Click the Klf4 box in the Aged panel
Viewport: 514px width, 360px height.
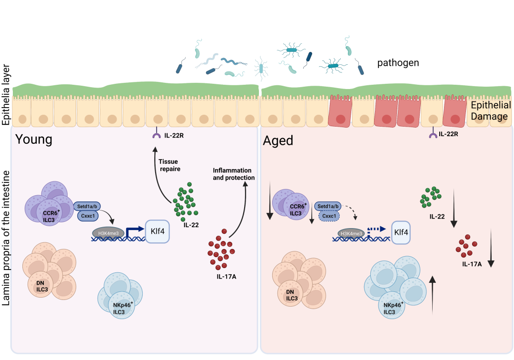tap(401, 233)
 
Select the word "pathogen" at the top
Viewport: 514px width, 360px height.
tap(398, 62)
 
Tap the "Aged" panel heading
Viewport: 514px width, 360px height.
tap(278, 140)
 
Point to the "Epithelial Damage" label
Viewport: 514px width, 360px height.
tap(490, 110)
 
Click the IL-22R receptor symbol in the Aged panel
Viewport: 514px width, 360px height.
tap(433, 136)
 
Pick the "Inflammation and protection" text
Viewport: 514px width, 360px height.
tap(234, 174)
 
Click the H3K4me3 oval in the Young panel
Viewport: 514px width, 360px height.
tap(109, 233)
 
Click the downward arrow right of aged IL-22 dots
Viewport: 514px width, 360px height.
tap(454, 207)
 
